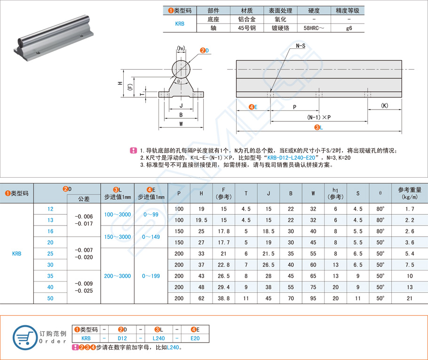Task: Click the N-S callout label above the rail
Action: tap(301, 46)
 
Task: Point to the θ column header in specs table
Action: tap(380, 193)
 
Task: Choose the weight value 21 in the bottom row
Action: tap(410, 298)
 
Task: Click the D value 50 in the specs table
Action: tap(50, 298)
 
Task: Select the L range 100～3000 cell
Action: tap(118, 214)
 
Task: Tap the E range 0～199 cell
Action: tap(151, 276)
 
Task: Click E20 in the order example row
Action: tap(195, 338)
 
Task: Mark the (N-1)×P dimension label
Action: tap(319, 117)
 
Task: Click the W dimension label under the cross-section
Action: tap(181, 124)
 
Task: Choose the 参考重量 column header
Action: tap(410, 193)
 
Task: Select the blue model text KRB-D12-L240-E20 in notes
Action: tap(293, 158)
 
